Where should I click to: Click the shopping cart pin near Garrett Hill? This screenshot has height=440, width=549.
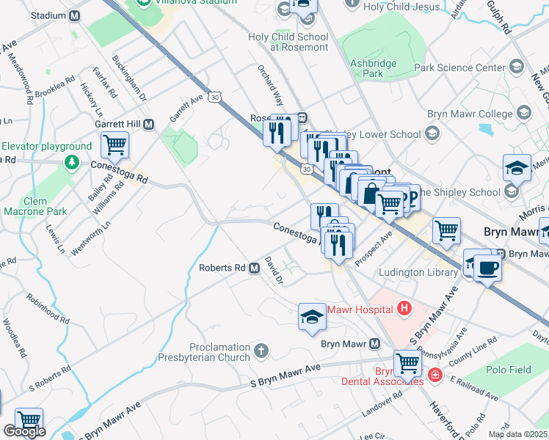(114, 144)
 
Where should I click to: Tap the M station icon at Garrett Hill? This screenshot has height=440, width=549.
(149, 125)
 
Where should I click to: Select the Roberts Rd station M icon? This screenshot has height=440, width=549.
(254, 268)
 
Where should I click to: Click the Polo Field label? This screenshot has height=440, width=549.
(511, 370)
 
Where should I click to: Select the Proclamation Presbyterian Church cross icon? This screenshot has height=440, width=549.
(261, 351)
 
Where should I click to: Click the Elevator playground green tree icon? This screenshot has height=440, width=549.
(71, 161)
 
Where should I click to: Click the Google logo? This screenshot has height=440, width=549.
(24, 431)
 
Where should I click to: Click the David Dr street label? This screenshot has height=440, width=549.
(274, 270)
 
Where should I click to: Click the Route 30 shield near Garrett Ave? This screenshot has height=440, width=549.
(214, 97)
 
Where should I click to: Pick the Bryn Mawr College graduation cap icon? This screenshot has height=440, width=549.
(525, 114)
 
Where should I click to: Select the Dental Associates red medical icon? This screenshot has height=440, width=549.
(435, 375)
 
